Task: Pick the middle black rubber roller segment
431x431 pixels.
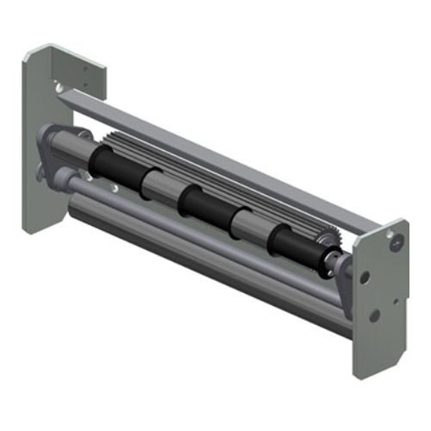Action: coord(203,207)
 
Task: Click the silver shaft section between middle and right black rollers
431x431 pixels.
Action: coord(248,226)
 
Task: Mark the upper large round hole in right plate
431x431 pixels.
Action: coord(365,278)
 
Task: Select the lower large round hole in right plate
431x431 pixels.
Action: coord(373,315)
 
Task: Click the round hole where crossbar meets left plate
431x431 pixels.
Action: coord(58,87)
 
